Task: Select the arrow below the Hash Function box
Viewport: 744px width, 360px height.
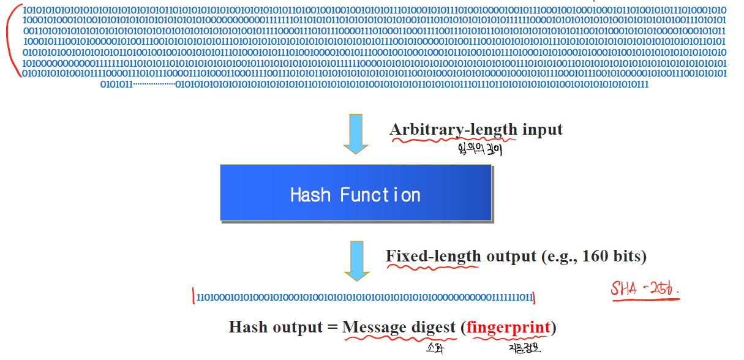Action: click(x=356, y=260)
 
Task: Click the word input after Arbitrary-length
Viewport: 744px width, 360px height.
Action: click(x=542, y=130)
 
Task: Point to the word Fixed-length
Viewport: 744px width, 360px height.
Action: click(x=434, y=256)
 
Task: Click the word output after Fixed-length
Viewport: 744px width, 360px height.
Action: click(x=511, y=256)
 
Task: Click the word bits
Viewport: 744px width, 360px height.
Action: click(x=626, y=256)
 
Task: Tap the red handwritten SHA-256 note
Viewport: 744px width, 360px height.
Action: click(x=645, y=288)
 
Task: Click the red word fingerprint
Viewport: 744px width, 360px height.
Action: click(x=508, y=328)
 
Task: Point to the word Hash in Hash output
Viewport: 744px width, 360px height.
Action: click(x=246, y=328)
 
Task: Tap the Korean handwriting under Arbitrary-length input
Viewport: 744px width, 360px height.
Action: click(x=479, y=149)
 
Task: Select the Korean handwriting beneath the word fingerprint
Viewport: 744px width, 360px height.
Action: click(x=525, y=348)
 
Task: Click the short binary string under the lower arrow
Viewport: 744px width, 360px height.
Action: click(x=364, y=298)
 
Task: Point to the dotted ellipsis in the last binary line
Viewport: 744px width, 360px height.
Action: click(x=154, y=84)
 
